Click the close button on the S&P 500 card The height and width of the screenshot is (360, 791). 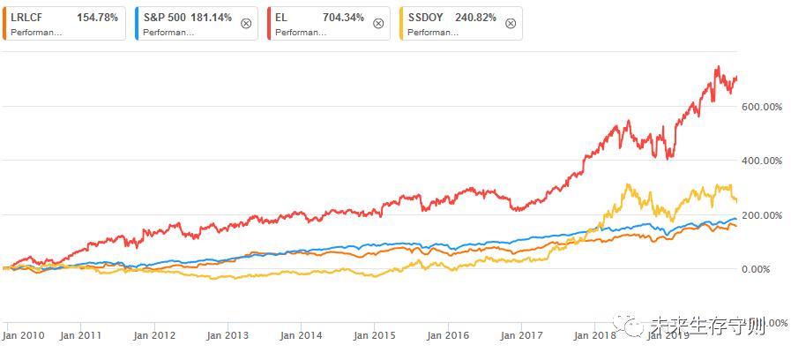(x=245, y=24)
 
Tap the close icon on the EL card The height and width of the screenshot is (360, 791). (x=377, y=24)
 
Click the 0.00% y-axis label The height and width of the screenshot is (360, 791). (x=763, y=269)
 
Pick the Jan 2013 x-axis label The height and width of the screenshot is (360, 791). (x=227, y=335)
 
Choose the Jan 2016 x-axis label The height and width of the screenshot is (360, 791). (x=446, y=335)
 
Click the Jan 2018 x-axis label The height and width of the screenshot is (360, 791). (x=593, y=335)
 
